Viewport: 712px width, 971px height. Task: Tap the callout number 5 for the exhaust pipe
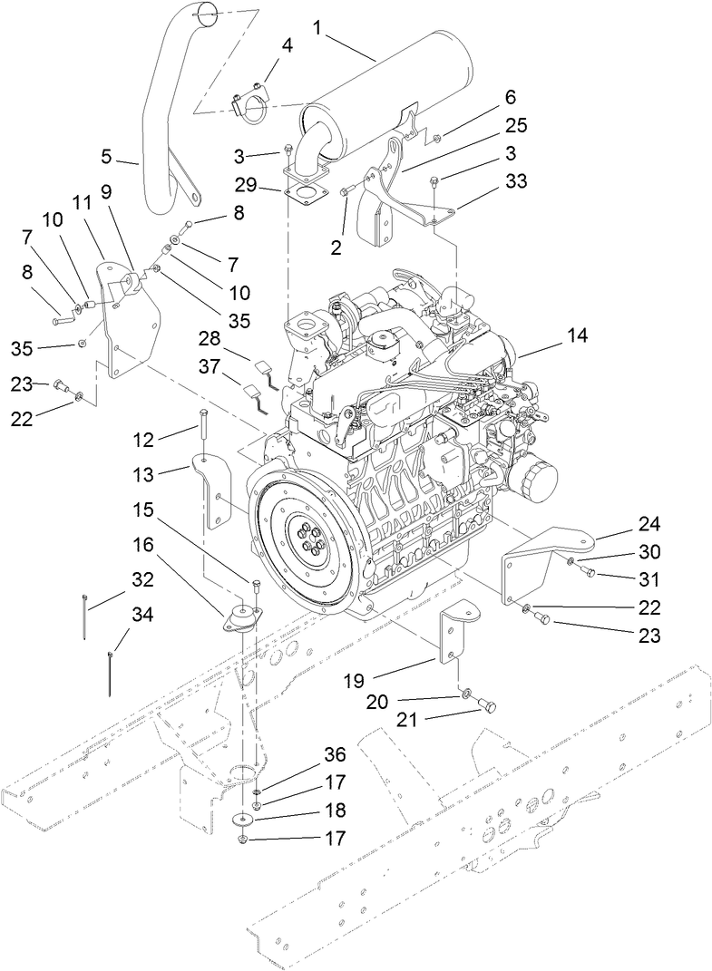[107, 156]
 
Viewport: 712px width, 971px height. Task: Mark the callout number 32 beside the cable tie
[141, 578]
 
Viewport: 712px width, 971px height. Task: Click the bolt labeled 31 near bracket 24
[586, 571]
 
